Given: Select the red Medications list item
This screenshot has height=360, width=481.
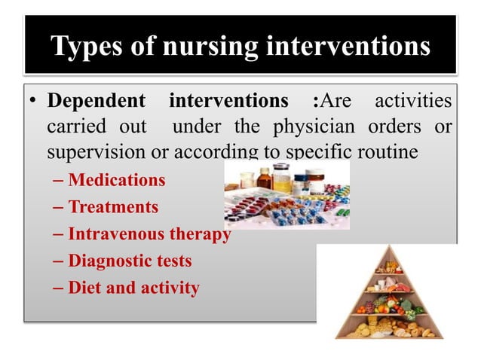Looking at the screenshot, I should (116, 181).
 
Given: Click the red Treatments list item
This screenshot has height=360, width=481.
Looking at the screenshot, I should (113, 207).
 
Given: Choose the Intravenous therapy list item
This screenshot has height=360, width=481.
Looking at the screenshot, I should (149, 234).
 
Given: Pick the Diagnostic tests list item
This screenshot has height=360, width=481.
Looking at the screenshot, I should (130, 261).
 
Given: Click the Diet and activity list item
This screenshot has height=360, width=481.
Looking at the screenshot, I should (133, 288).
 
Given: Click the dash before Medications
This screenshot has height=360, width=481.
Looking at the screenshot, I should (60, 182).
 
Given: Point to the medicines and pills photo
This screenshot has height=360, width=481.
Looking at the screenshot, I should (287, 195).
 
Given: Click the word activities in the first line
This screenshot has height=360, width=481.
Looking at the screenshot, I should (416, 100).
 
